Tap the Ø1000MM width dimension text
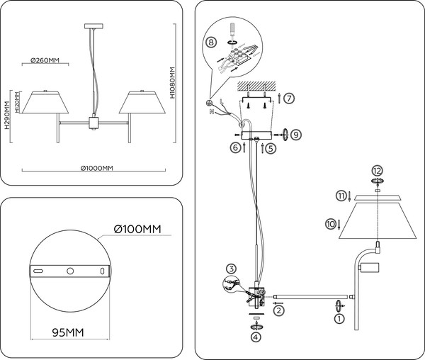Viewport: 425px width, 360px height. click(95, 168)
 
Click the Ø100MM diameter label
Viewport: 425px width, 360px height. click(138, 229)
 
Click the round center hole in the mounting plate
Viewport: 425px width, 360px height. click(69, 271)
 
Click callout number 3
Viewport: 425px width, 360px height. click(231, 268)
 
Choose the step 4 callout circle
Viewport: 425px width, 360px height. click(256, 337)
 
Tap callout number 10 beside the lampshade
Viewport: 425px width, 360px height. click(329, 224)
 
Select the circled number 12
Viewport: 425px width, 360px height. click(377, 171)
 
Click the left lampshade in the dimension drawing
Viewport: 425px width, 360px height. click(44, 103)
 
